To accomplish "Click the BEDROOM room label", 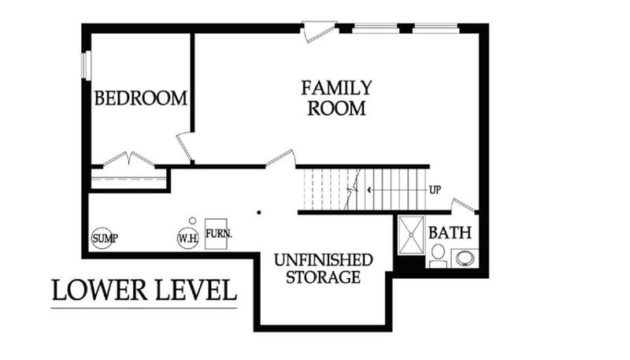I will [141, 98].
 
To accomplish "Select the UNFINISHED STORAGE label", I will [323, 268].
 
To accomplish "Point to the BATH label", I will [450, 233].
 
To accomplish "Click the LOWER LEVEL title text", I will [144, 290].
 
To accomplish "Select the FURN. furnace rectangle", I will [217, 234].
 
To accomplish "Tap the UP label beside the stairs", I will [435, 190].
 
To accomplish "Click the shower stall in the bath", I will [411, 234].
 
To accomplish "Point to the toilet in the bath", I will [438, 254].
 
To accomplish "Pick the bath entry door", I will [464, 206].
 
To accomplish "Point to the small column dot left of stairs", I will [258, 212].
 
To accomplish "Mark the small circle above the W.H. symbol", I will [191, 221].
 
